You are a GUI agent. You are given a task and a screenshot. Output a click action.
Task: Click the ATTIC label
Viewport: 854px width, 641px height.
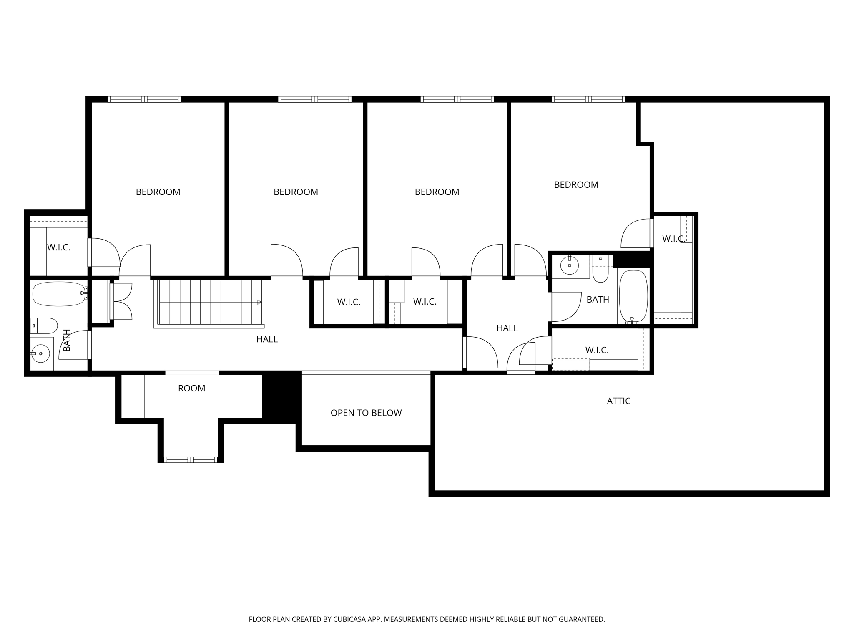[618, 401]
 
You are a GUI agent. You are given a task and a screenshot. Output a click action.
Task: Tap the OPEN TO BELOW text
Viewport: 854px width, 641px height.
[366, 413]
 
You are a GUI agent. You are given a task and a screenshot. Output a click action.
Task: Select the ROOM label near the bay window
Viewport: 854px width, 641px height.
[191, 389]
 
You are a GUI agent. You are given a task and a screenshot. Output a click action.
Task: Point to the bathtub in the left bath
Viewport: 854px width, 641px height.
[58, 294]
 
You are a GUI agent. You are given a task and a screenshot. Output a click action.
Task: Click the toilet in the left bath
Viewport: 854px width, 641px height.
[44, 326]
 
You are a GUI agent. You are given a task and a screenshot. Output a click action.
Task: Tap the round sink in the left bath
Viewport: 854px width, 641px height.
[40, 354]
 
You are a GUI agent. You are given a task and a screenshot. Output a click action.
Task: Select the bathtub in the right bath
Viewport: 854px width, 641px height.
[633, 296]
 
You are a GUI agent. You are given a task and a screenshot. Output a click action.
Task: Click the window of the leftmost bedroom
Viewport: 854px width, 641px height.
[144, 99]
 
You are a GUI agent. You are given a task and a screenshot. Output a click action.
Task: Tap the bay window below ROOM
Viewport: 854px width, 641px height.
[191, 459]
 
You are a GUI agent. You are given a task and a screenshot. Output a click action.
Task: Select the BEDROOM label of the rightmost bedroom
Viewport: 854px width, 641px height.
[576, 185]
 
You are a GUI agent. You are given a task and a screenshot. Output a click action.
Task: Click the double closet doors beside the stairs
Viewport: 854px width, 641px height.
[122, 301]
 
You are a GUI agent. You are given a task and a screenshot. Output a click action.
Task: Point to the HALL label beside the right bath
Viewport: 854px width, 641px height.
[507, 328]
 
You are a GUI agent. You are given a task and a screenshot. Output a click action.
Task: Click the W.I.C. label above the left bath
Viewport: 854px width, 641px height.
[58, 247]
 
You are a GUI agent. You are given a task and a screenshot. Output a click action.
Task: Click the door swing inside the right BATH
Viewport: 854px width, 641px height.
[566, 307]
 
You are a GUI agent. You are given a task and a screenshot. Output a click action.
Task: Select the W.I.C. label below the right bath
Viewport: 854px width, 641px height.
[597, 351]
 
